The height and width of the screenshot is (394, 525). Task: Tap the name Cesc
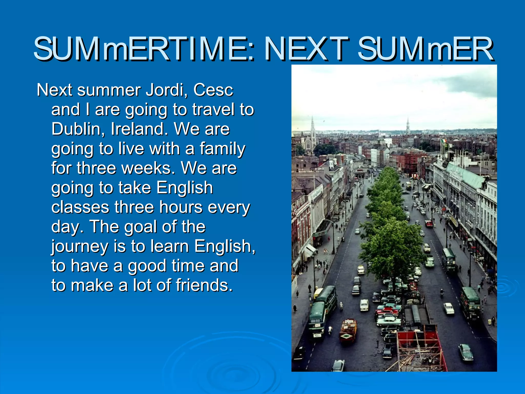213,90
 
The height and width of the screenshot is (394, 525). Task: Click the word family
222,149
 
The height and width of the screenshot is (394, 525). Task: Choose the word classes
80,207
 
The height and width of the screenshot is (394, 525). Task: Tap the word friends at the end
204,285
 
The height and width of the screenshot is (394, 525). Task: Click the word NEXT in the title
306,49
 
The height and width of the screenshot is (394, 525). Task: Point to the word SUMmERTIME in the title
144,49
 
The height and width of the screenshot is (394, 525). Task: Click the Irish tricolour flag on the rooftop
444,141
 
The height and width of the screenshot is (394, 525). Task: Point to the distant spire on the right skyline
408,126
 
